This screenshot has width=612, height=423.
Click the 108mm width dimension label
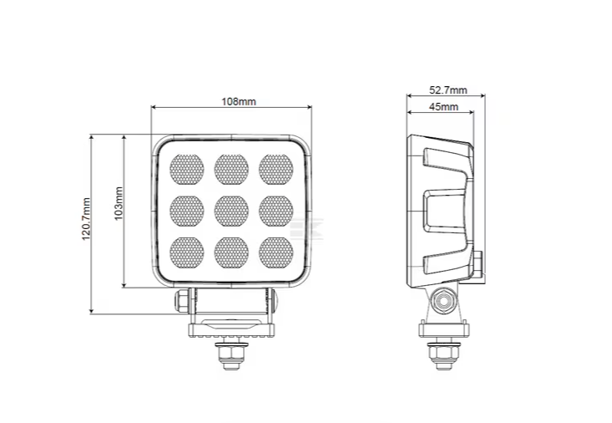click(x=238, y=101)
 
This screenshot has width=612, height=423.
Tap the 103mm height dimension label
click(x=119, y=203)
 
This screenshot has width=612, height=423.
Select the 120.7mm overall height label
click(x=85, y=219)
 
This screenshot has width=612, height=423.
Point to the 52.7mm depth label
click(x=448, y=89)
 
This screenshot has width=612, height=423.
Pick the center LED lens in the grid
click(x=230, y=209)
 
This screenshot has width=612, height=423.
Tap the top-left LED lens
click(x=186, y=169)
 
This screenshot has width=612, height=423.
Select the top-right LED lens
click(x=275, y=169)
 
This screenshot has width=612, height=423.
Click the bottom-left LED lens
click(x=186, y=250)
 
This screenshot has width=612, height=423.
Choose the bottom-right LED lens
click(x=275, y=250)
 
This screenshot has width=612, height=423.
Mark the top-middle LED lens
click(x=230, y=169)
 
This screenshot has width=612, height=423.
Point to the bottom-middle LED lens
click(x=230, y=250)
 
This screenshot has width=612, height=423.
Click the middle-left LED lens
click(x=186, y=209)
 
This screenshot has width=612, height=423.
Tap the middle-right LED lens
click(x=275, y=209)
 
